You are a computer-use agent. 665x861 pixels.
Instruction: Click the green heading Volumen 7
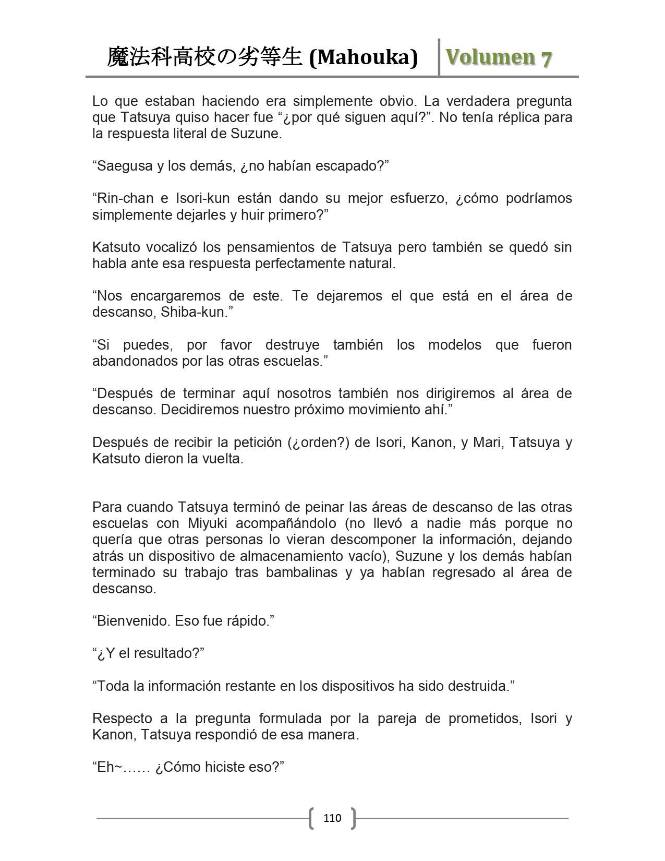point(498,57)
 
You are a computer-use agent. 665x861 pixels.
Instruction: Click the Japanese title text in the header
point(204,57)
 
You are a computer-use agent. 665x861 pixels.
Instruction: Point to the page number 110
point(332,818)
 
